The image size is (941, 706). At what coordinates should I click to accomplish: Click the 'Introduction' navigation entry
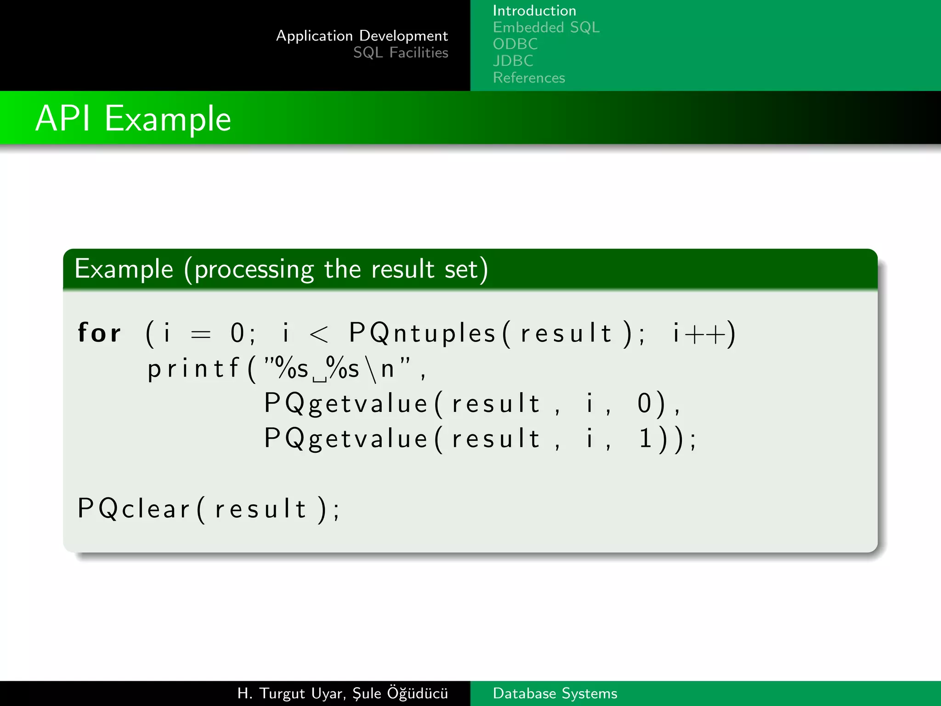pos(534,11)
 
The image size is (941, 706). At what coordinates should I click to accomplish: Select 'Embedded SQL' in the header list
pos(546,28)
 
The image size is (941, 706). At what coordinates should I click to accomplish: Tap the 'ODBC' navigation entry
pos(515,44)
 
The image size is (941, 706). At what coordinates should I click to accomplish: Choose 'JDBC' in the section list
pos(513,61)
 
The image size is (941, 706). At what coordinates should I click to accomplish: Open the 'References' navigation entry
pos(528,78)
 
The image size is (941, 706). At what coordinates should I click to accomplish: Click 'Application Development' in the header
pos(362,36)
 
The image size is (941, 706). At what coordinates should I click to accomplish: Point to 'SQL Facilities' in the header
pos(400,53)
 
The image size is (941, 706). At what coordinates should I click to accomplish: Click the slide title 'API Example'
pos(133,119)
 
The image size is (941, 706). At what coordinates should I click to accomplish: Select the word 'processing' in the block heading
pos(254,270)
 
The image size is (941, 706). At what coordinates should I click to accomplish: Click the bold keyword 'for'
pos(99,332)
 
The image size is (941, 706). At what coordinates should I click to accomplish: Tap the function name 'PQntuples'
pos(422,333)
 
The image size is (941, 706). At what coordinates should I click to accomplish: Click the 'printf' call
pos(193,369)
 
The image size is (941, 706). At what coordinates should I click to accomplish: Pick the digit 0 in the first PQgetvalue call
pos(644,404)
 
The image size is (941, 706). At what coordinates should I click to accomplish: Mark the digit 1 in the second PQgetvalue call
pos(645,438)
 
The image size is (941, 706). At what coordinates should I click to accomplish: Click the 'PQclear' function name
pos(133,509)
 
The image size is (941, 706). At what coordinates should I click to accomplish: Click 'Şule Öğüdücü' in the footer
pos(400,693)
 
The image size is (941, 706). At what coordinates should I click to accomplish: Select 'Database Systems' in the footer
pos(555,693)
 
